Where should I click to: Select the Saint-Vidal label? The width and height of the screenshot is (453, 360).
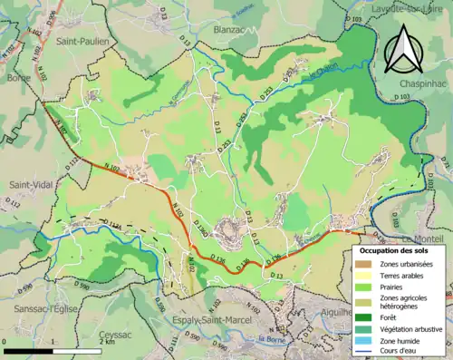tap(30, 186)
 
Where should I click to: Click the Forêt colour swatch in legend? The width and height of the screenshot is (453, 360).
tap(365, 316)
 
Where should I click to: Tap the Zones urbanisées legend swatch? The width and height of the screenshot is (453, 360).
tap(365, 263)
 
